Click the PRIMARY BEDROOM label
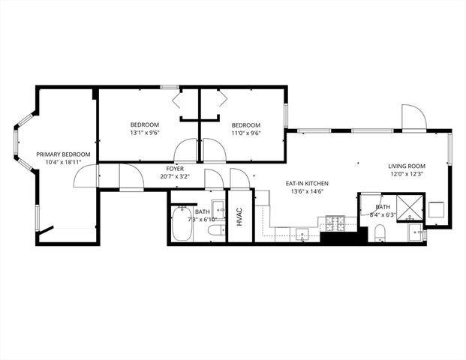point(63,154)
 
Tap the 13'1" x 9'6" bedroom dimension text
point(144,133)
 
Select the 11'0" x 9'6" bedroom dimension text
point(245,133)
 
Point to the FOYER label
point(164,169)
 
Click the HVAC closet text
point(239,217)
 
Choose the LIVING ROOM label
point(407,166)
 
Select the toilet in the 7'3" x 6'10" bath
point(216,229)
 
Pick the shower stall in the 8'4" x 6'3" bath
point(410,206)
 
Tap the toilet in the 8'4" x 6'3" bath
point(379,232)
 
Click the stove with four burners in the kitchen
point(334,223)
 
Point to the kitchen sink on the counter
point(302,233)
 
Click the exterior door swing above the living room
point(413,118)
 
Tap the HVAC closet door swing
point(240,179)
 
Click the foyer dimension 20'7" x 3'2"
point(164,178)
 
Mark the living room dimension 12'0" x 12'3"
point(407,174)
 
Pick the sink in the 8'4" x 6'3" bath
point(416,232)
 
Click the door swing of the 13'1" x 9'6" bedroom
point(185,151)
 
